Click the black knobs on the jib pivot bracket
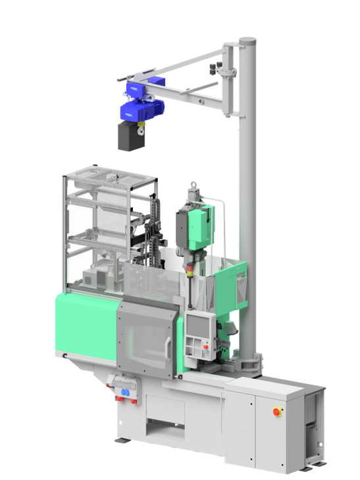[x=215, y=68]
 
